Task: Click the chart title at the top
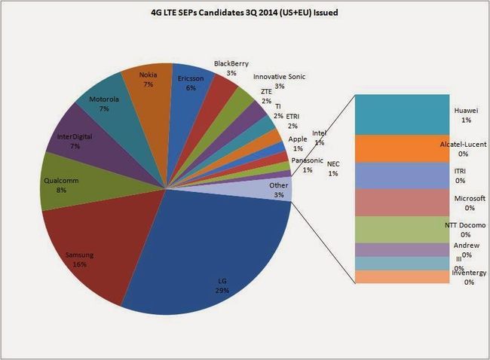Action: [246, 13]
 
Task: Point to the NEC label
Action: [333, 169]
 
